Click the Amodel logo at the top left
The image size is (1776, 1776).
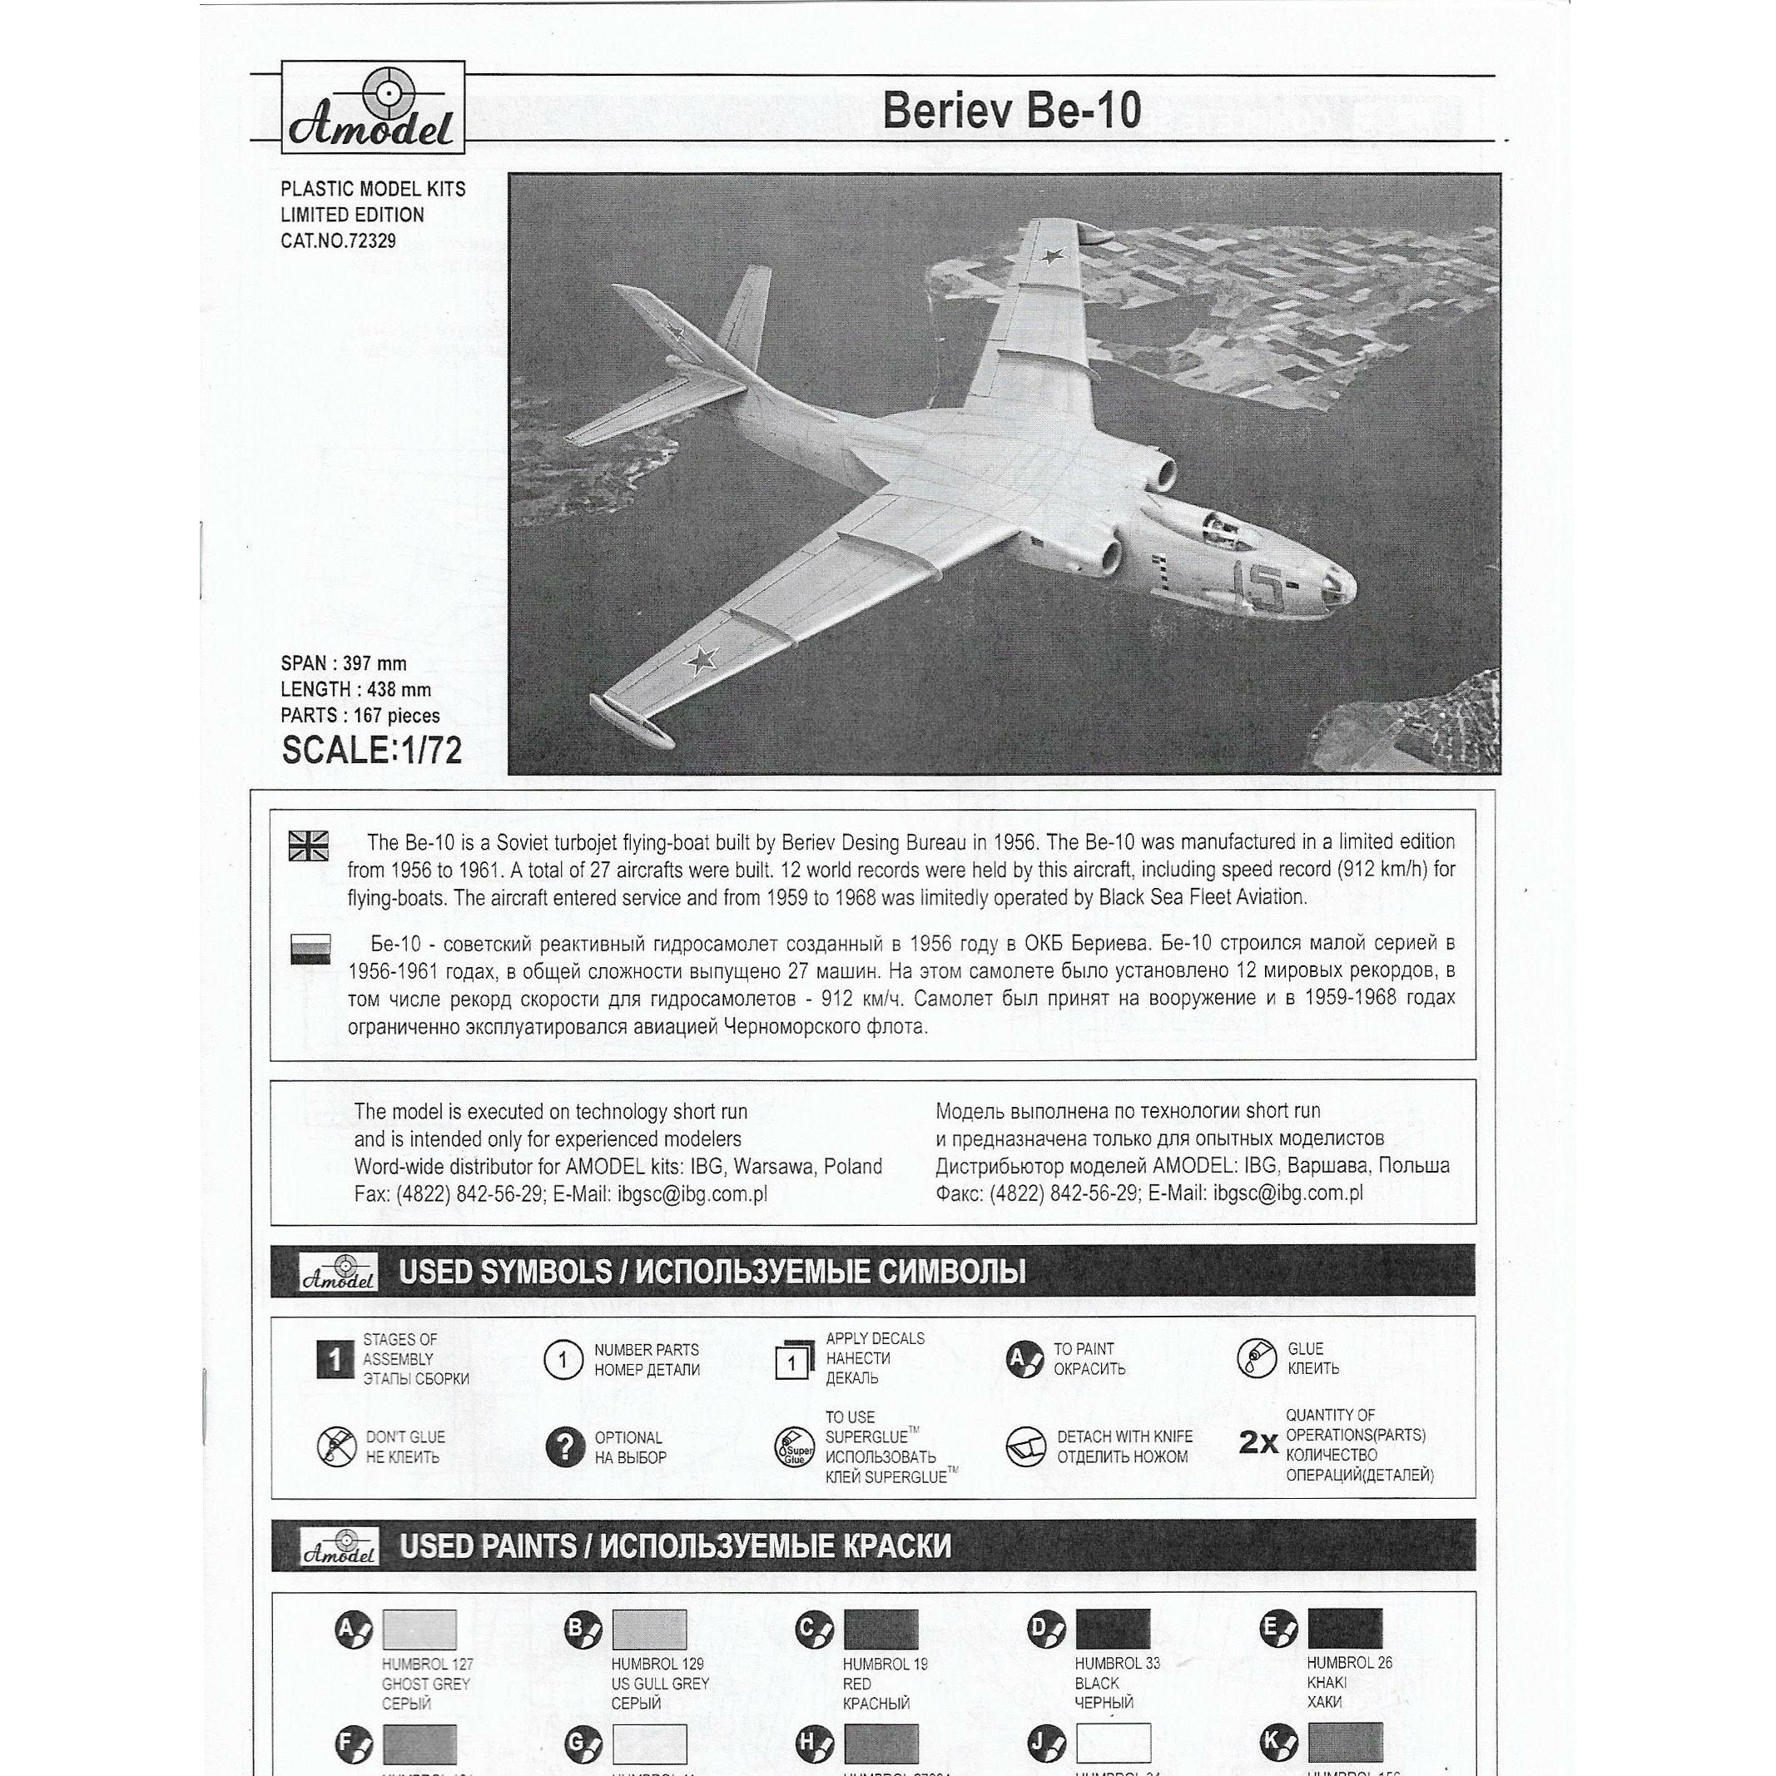pos(371,107)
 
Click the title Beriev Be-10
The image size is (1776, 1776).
pos(1011,112)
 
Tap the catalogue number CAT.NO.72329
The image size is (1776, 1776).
pos(338,241)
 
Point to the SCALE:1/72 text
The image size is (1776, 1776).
pos(371,751)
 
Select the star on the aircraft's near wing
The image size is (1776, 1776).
pos(702,657)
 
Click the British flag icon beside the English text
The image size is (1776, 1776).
pos(308,845)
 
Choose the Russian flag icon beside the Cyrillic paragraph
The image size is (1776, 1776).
pos(309,949)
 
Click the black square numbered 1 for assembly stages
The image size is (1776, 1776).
pos(335,1360)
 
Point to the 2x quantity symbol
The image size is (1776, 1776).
pos(1258,1444)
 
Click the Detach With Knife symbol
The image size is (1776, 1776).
pos(1026,1447)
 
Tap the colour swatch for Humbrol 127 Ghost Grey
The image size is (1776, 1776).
pos(419,1630)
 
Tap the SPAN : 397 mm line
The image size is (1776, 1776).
pos(343,663)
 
